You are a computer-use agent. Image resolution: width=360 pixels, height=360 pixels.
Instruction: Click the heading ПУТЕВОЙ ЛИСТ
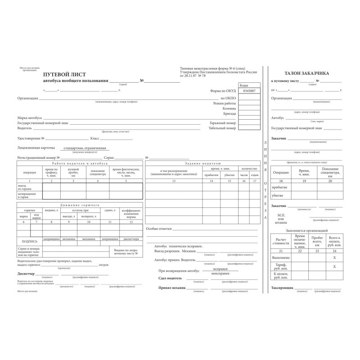point(64,74)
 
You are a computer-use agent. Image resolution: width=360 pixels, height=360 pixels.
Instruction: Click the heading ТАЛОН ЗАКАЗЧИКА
point(306,72)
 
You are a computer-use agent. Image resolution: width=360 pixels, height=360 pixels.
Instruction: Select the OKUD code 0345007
point(249,91)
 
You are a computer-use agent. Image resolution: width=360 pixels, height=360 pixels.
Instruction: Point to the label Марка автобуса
point(30,117)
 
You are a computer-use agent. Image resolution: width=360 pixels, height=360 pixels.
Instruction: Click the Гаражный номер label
point(222,122)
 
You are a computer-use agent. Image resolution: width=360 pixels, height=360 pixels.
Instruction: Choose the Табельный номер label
point(222,128)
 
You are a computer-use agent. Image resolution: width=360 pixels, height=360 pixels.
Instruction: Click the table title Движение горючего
point(80,205)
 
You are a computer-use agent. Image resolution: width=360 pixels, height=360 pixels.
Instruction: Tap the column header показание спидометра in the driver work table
point(98,172)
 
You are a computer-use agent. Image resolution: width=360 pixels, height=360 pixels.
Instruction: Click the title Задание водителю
point(202,163)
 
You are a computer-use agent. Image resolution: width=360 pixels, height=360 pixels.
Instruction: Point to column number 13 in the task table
point(174,180)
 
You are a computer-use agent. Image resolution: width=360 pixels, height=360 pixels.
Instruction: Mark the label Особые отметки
point(159,229)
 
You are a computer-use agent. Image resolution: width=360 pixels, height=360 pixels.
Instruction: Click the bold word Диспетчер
point(27,273)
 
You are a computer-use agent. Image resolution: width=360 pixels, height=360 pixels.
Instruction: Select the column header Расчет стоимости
point(280,241)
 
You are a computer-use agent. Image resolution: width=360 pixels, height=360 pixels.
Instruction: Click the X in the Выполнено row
point(334,257)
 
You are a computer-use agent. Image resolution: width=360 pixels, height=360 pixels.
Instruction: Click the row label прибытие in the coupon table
point(280,187)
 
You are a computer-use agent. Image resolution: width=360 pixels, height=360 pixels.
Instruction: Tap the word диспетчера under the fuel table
point(131,239)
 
